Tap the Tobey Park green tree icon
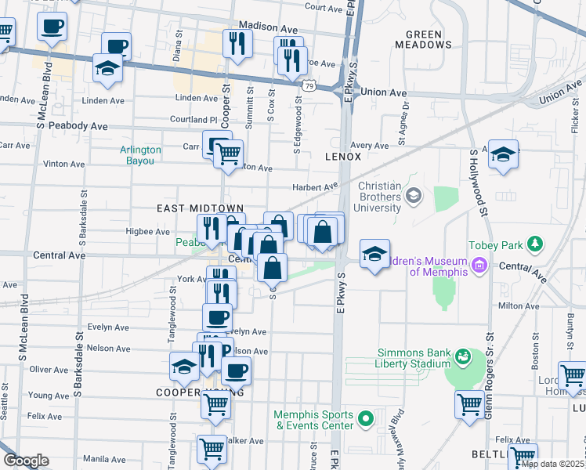coord(535,244)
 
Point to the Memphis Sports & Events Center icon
coord(365,421)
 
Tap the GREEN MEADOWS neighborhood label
coord(429,39)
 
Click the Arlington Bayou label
coord(141,155)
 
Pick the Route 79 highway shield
coord(310,85)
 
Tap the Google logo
coord(26,461)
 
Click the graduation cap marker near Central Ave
coord(375,253)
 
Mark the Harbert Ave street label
coord(314,186)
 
